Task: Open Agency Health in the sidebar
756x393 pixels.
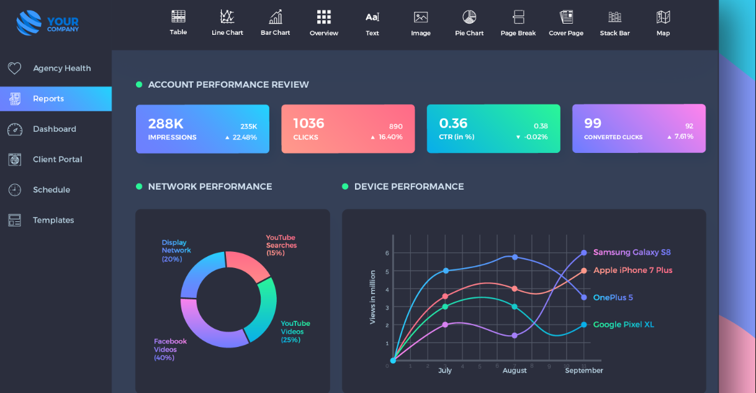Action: [x=61, y=68]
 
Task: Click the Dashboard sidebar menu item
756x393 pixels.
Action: [x=55, y=129]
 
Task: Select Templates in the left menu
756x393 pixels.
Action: [x=53, y=220]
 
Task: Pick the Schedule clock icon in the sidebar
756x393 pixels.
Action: [x=14, y=190]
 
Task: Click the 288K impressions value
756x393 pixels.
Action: [x=166, y=123]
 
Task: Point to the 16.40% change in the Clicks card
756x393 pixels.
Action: [x=390, y=137]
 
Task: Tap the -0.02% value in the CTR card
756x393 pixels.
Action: [x=535, y=137]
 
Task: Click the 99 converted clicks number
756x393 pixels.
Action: [x=593, y=123]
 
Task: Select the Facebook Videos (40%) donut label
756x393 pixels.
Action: [x=170, y=349]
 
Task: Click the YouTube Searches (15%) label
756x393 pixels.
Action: [x=281, y=245]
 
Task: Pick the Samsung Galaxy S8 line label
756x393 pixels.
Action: [x=632, y=252]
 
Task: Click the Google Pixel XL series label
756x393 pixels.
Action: [x=623, y=325]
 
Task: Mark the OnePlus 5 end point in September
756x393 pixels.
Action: [x=584, y=297]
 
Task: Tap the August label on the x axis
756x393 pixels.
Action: [x=515, y=371]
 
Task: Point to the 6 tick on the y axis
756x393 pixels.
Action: [x=387, y=253]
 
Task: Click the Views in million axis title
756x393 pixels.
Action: [x=372, y=297]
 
